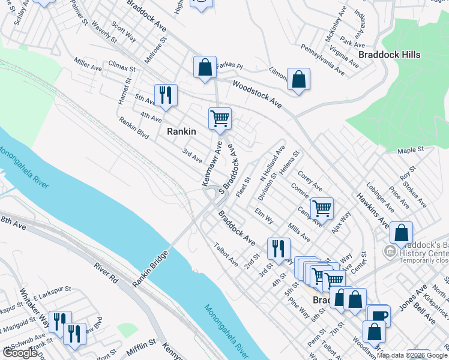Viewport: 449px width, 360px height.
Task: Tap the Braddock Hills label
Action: tap(389, 55)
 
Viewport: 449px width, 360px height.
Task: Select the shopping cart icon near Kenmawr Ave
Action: tap(220, 118)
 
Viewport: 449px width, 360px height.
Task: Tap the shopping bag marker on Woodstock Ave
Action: tap(298, 80)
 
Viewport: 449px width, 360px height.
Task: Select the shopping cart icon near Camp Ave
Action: tap(322, 208)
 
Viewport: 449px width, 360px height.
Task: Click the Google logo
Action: tap(20, 353)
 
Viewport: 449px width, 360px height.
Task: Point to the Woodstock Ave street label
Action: tap(258, 94)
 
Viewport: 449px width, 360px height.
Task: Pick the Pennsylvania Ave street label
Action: tap(322, 59)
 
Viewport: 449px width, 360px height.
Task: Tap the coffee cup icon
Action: tap(378, 316)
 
